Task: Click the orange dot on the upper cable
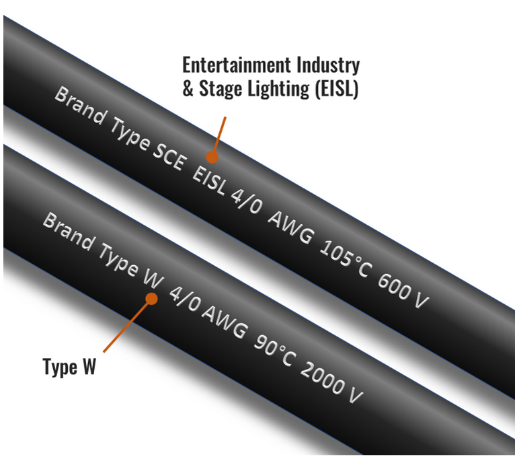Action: [212, 157]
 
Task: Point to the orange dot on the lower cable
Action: [152, 298]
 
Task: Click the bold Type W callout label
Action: [70, 367]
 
